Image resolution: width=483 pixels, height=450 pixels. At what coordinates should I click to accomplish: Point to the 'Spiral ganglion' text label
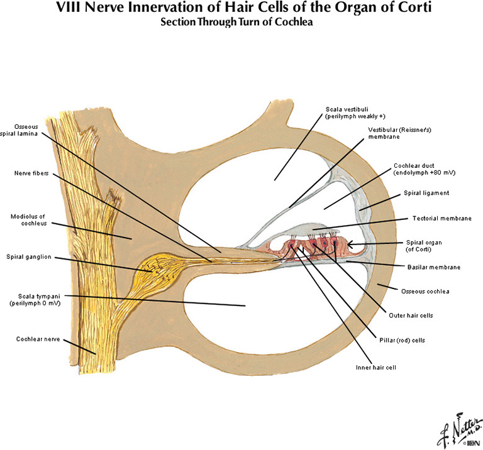[x=28, y=256]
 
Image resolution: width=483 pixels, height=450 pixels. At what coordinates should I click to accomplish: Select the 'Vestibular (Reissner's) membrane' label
[x=396, y=133]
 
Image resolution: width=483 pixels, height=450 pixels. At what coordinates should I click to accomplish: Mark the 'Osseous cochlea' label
[x=425, y=290]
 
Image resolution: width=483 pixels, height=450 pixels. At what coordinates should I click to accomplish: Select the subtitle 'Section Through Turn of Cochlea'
[x=241, y=23]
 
